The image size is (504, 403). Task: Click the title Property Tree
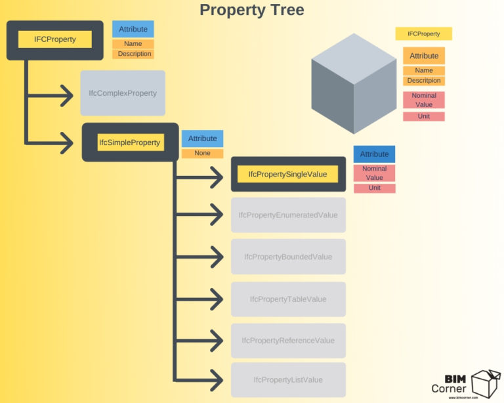(252, 10)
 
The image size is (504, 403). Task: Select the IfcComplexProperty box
(123, 93)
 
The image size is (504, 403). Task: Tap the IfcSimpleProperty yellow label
(130, 142)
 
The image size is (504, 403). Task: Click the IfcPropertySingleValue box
(287, 174)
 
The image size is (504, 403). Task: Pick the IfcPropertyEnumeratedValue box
(287, 215)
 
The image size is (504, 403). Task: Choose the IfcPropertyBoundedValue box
(287, 257)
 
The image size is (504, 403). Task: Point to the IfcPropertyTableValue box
(287, 299)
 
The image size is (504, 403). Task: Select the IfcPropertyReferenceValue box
(287, 340)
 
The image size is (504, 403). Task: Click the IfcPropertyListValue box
(287, 379)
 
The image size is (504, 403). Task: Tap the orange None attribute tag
(202, 154)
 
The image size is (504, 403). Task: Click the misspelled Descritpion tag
(424, 81)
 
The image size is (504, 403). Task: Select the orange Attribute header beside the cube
(424, 56)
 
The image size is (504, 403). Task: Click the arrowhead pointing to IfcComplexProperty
(66, 95)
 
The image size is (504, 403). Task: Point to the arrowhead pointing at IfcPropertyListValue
(217, 380)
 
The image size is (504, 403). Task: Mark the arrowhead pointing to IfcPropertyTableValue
(217, 299)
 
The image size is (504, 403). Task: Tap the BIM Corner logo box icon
(485, 381)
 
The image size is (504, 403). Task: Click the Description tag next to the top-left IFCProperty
(135, 54)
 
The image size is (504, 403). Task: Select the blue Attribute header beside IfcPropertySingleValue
(374, 154)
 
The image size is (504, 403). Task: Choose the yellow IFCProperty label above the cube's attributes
(423, 33)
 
